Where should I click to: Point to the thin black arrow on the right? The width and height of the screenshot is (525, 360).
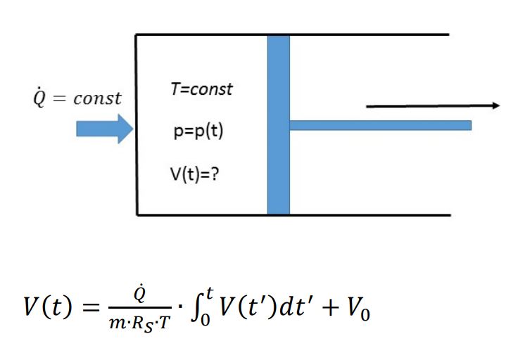pos(432,106)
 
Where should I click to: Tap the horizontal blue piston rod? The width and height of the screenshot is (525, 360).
pos(380,126)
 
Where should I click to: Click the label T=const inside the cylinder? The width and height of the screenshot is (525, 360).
pos(202,89)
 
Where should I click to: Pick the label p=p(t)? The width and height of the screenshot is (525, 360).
pos(198,131)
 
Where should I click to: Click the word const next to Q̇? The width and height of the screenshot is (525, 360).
pos(98,98)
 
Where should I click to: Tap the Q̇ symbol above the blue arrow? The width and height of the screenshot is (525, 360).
pos(39,98)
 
